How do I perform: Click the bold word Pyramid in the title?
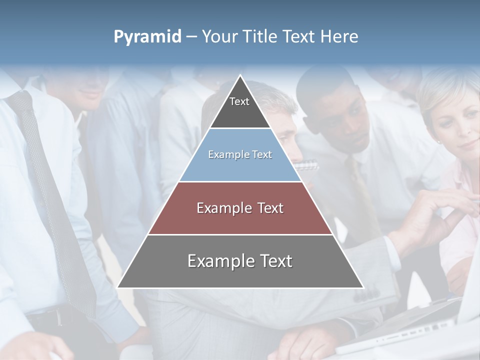[x=147, y=36]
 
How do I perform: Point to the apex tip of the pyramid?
[x=240, y=76]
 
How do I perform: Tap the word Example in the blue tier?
[x=224, y=154]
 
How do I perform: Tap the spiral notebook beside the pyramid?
[x=306, y=164]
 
